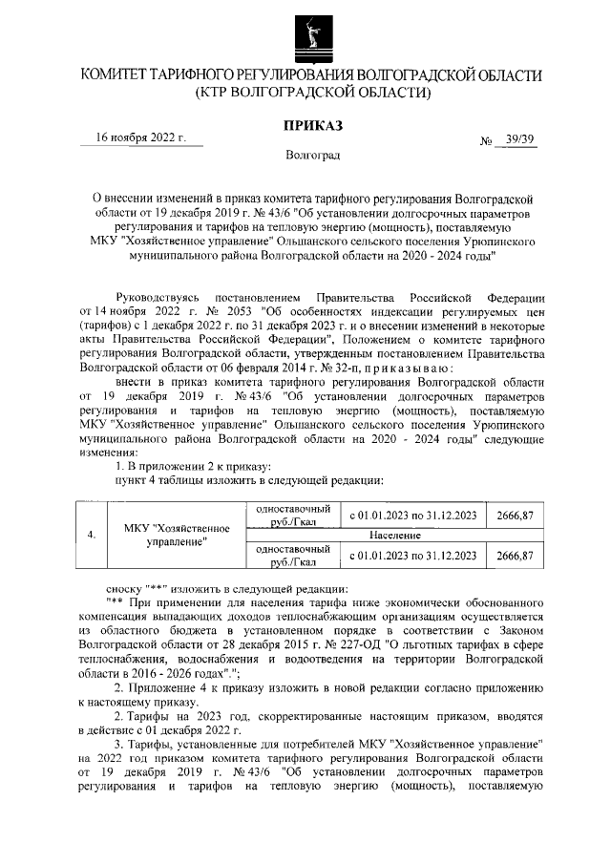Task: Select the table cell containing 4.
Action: [x=91, y=535]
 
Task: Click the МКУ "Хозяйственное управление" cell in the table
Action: [x=179, y=535]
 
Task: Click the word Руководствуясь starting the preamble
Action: [x=158, y=297]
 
